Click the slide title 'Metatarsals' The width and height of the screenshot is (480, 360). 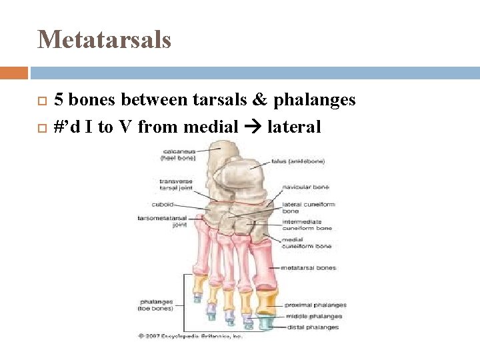[x=105, y=39]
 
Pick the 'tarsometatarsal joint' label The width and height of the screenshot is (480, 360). [x=162, y=221]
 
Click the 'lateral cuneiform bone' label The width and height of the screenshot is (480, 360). [x=309, y=207]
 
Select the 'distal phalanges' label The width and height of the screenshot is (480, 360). [x=312, y=327]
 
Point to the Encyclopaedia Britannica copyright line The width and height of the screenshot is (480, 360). [x=190, y=336]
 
